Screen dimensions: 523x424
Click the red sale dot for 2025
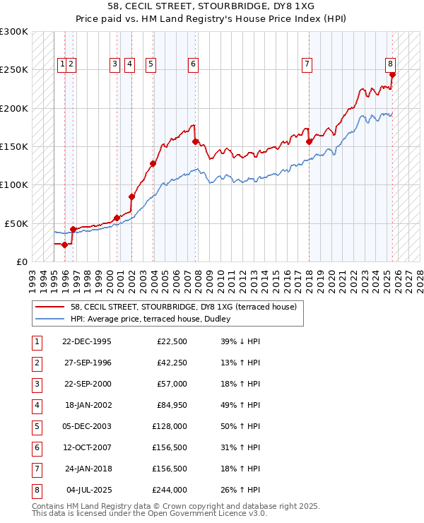coord(392,74)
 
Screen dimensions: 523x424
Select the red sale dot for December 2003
coord(153,163)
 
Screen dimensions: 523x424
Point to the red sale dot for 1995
coord(64,245)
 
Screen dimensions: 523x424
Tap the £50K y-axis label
coord(16,223)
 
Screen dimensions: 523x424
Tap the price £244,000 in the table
coord(170,490)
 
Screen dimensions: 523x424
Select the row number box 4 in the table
coord(35,405)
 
